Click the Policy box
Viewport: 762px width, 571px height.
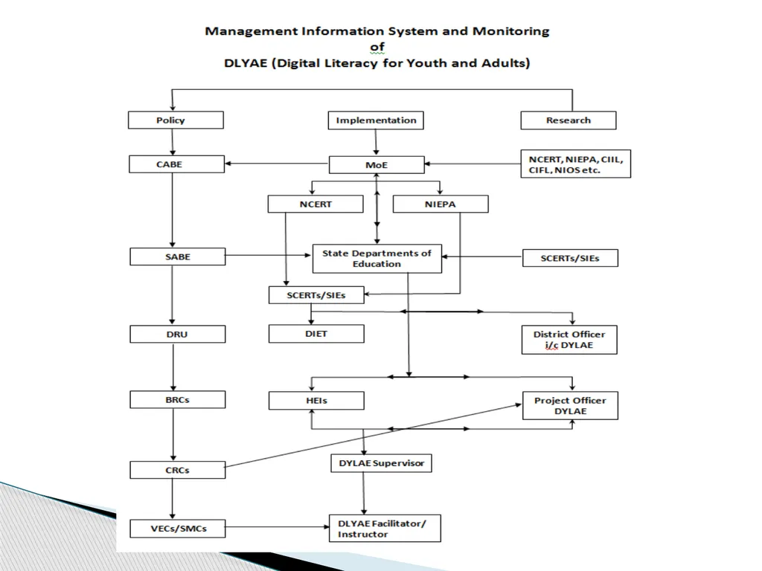(176, 120)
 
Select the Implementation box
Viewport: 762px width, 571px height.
(376, 120)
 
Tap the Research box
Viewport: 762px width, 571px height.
(568, 120)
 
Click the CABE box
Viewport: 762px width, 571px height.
(176, 164)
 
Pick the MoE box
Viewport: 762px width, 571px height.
(377, 164)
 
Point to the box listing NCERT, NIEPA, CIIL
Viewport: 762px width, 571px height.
(575, 164)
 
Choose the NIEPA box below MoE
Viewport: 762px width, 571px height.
(441, 204)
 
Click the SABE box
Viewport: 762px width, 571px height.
(177, 257)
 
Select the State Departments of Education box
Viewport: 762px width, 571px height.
(377, 259)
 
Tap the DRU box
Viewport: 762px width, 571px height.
(177, 334)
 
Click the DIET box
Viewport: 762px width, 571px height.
(316, 334)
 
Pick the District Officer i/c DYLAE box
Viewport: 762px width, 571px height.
(569, 340)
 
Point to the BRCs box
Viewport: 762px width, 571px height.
(177, 399)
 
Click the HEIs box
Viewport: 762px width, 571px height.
(316, 401)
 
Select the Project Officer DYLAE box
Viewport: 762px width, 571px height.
(571, 405)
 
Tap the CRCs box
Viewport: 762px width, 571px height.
(177, 470)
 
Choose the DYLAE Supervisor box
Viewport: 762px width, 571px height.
(382, 463)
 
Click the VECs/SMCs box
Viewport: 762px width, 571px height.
(177, 529)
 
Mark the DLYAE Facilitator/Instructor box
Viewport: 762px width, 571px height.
(385, 529)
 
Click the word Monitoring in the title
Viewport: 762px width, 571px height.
(510, 31)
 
